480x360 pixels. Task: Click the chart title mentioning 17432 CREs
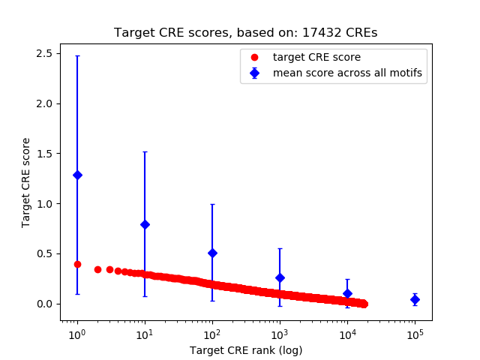[245, 33]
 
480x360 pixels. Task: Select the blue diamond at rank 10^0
[77, 175]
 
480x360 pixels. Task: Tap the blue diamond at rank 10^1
[145, 224]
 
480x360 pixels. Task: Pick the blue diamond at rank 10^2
[212, 253]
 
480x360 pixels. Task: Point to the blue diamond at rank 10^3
[280, 277]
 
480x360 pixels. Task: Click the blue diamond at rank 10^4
[347, 293]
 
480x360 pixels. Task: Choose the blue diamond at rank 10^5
[415, 299]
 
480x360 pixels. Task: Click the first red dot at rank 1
[77, 264]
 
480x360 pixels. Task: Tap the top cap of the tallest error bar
[77, 55]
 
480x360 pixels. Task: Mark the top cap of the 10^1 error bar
[145, 151]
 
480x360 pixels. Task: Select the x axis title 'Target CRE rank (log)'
[245, 349]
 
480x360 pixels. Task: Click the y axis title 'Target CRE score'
[26, 182]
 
